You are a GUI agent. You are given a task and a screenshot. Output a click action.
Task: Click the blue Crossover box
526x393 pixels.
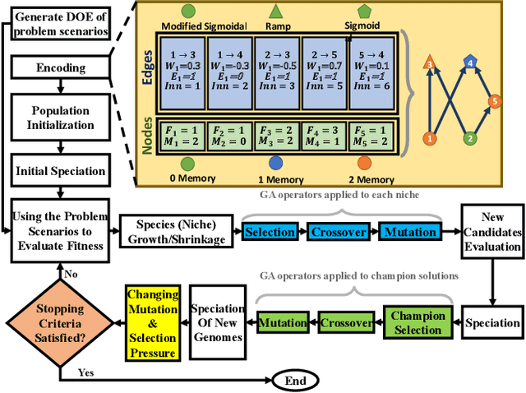pos(337,233)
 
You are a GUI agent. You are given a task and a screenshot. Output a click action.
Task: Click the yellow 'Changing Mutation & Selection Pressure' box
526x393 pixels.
pos(151,322)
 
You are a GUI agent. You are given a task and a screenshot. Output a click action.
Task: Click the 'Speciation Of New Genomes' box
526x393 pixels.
pos(219,323)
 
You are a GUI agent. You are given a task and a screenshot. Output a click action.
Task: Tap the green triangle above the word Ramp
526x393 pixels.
pos(276,11)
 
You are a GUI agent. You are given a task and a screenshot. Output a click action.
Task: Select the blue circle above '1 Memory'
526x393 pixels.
pos(275,163)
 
